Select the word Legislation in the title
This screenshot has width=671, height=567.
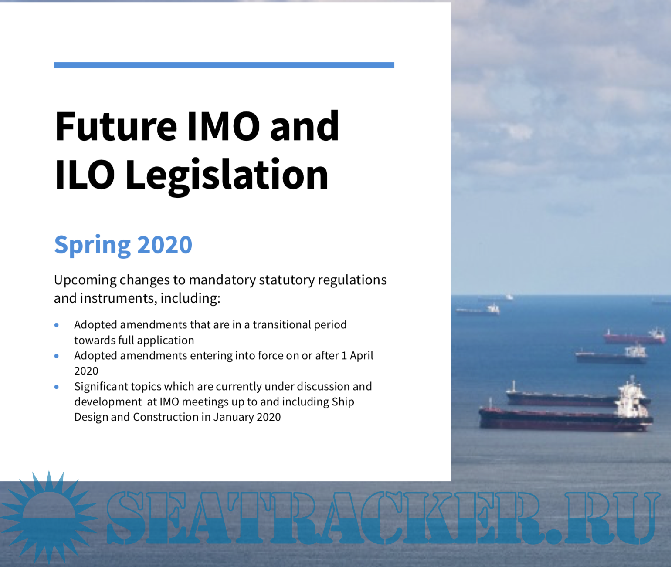227,175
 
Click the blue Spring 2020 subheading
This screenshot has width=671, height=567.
123,245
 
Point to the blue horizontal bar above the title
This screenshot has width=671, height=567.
224,65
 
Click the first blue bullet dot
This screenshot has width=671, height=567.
57,325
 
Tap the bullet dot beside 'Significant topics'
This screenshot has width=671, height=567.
57,387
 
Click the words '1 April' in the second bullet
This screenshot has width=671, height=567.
357,356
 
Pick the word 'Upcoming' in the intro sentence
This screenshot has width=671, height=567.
85,280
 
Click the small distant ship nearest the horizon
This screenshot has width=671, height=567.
495,298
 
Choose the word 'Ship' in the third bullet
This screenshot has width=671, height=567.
343,402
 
